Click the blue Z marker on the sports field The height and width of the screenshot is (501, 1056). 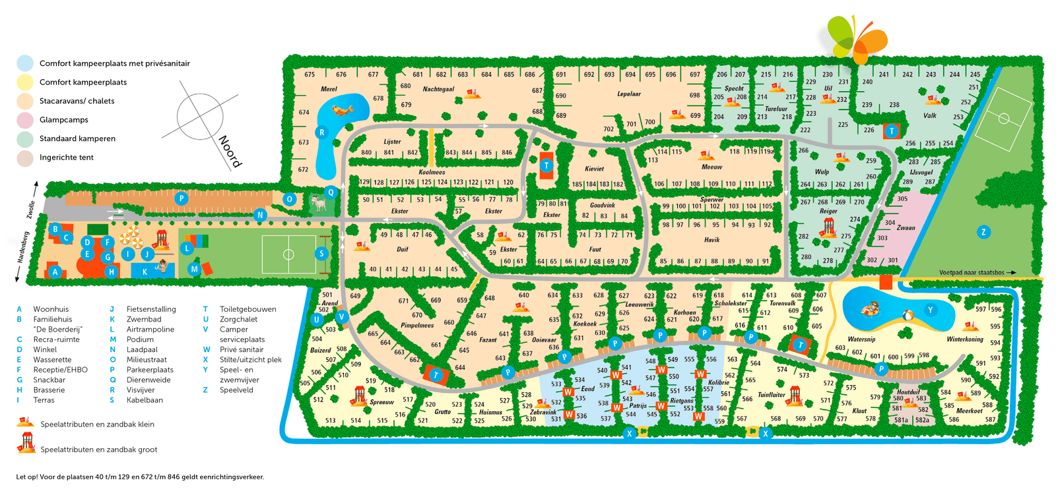pyautogui.click(x=983, y=231)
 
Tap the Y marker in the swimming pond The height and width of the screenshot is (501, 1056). pyautogui.click(x=931, y=310)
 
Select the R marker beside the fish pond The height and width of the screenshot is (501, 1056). pyautogui.click(x=322, y=133)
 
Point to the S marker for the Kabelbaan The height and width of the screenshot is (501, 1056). pyautogui.click(x=322, y=253)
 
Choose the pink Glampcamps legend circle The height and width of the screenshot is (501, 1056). pyautogui.click(x=25, y=120)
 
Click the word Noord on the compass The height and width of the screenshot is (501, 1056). pyautogui.click(x=230, y=151)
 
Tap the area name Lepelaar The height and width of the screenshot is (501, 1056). pyautogui.click(x=628, y=94)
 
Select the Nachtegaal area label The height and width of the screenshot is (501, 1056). pyautogui.click(x=438, y=89)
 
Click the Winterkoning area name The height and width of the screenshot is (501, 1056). pyautogui.click(x=965, y=339)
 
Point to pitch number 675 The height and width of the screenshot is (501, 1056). pyautogui.click(x=310, y=74)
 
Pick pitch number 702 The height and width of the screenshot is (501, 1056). pyautogui.click(x=609, y=129)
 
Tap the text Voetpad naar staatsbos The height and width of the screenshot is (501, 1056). pyautogui.click(x=972, y=272)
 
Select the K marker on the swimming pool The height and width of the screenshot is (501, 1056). pyautogui.click(x=145, y=271)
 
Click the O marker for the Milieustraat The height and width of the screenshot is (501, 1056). pyautogui.click(x=289, y=199)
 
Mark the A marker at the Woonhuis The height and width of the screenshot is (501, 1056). pyautogui.click(x=55, y=271)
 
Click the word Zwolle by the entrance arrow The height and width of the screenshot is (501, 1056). pyautogui.click(x=31, y=210)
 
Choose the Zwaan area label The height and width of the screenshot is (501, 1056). pyautogui.click(x=906, y=227)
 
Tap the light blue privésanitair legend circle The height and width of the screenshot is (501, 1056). pyautogui.click(x=25, y=63)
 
